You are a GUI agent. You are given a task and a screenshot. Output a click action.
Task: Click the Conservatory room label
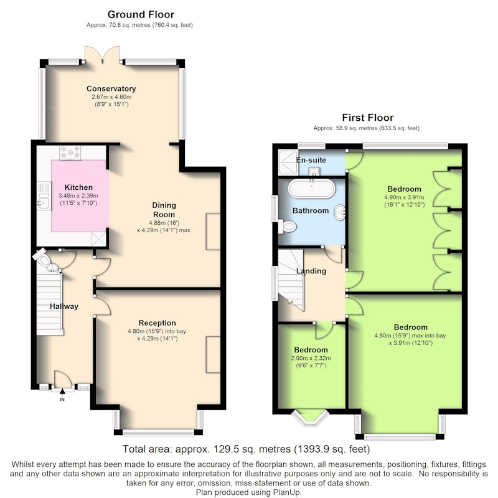[111, 88]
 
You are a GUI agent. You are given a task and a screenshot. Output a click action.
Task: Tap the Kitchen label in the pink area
[78, 187]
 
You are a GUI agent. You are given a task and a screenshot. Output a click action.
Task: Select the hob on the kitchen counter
[70, 153]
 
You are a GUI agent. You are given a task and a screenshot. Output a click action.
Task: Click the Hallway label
[64, 306]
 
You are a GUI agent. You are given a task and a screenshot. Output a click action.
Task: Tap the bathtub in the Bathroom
[312, 189]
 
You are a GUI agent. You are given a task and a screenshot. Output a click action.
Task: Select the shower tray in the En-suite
[288, 162]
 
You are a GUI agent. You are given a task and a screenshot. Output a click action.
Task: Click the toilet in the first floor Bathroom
[288, 227]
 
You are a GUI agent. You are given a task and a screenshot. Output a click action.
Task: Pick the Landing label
[311, 271]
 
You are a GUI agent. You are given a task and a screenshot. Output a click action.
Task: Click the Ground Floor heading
[141, 14]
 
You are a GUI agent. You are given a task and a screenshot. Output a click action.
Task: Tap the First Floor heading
[367, 118]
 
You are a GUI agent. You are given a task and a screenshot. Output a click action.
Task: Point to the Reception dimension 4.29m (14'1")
[157, 339]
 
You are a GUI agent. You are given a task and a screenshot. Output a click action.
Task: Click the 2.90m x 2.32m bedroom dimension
[311, 359]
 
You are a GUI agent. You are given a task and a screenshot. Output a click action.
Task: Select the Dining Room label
[164, 210]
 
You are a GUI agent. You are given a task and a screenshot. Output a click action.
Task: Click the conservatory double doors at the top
[102, 54]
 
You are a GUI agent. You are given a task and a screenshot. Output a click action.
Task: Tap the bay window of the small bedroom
[310, 418]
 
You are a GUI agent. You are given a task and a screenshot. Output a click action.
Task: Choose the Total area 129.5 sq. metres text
[247, 449]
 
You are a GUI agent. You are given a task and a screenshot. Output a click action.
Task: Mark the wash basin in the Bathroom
[339, 212]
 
